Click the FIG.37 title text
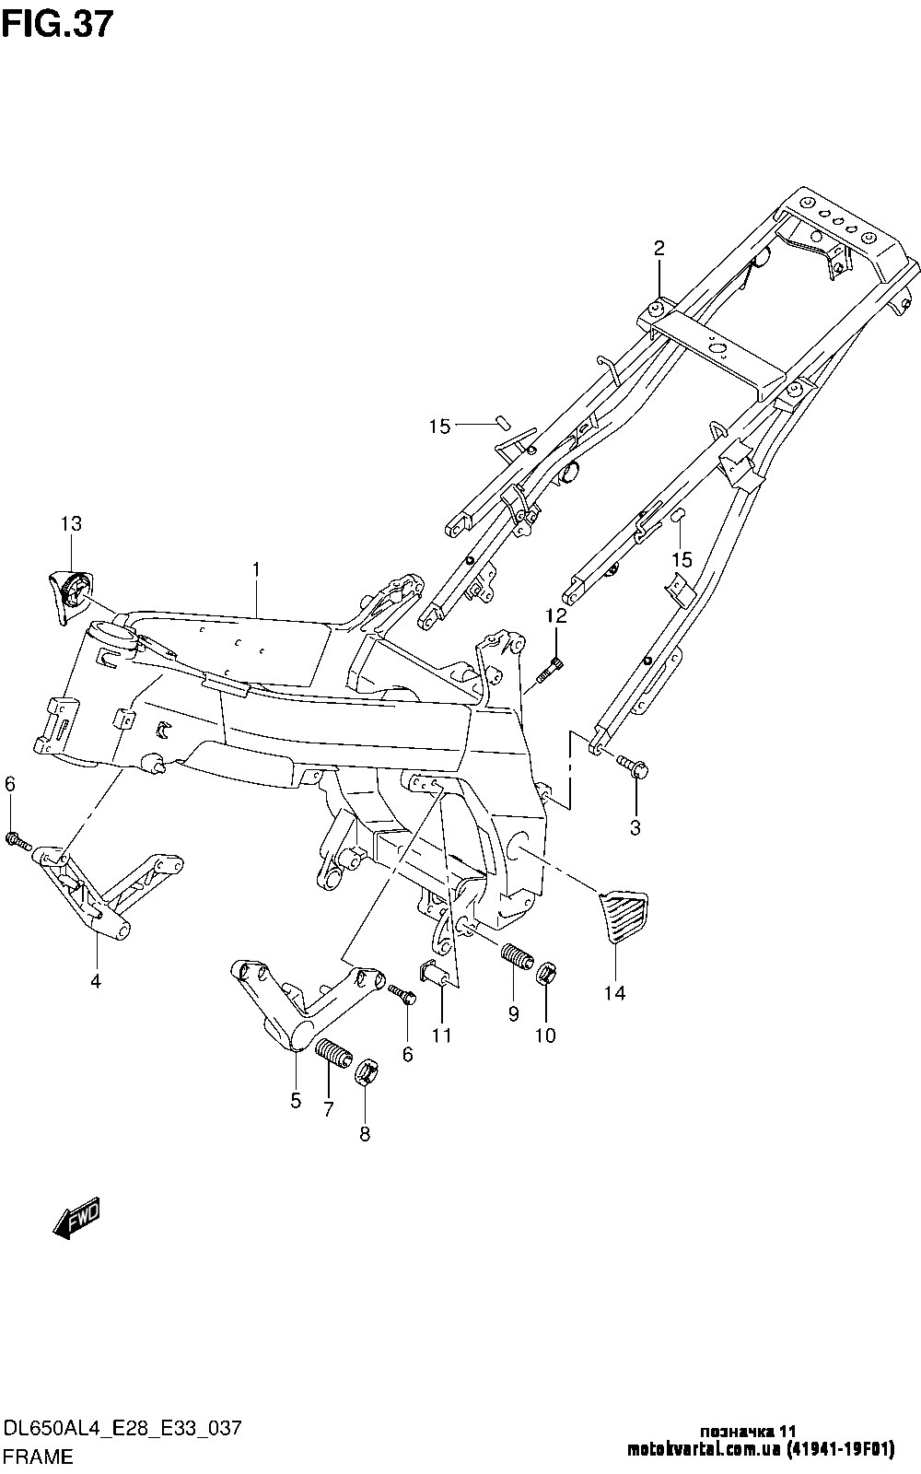coord(58,26)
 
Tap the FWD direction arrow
coord(76,1217)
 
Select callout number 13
coord(71,524)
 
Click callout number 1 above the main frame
coord(256,569)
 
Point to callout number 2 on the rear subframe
coord(659,248)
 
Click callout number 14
coord(615,993)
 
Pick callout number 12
coord(555,616)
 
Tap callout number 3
coord(635,828)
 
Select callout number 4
coord(96,982)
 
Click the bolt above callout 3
coord(633,766)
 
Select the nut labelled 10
coord(547,973)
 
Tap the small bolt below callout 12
coord(548,672)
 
